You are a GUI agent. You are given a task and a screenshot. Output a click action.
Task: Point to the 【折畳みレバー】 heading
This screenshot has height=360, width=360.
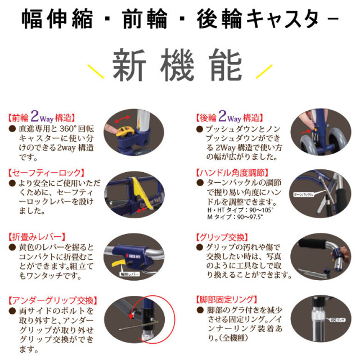tap(37, 237)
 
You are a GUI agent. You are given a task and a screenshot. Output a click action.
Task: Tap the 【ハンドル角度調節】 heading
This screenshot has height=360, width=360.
tap(231, 173)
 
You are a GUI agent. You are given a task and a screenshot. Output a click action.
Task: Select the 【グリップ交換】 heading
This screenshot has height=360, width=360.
tap(223, 237)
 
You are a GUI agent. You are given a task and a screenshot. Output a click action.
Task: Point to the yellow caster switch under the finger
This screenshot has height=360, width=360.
tap(123, 134)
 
